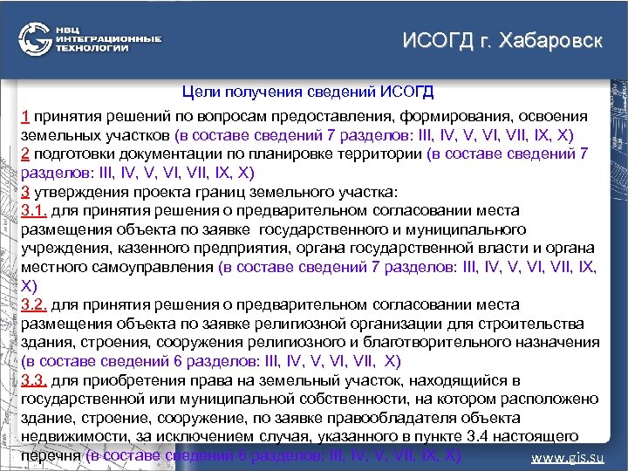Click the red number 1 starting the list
click(x=25, y=116)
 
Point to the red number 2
click(x=25, y=154)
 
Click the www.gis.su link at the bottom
click(x=568, y=457)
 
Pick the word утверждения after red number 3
click(x=74, y=191)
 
